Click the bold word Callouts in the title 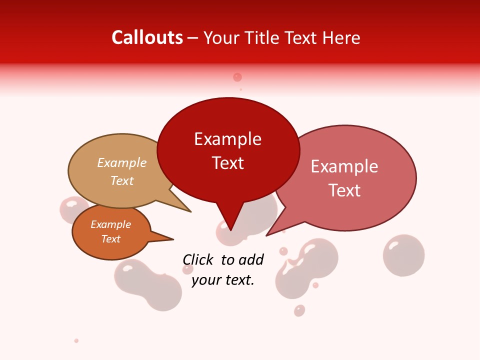click(147, 37)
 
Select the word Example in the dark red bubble click(227, 139)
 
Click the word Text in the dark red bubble click(227, 163)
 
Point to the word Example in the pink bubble click(344, 166)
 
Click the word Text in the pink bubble click(344, 190)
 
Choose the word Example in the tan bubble click(122, 162)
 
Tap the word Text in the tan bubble click(122, 180)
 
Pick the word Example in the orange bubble click(110, 224)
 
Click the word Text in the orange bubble click(110, 239)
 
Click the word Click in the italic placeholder click(199, 259)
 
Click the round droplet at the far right click(403, 255)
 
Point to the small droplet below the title click(237, 77)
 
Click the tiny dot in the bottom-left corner click(76, 340)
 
